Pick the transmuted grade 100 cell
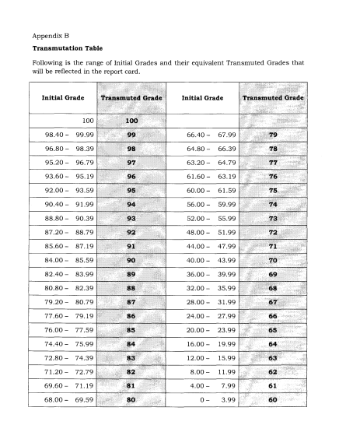pyautogui.click(x=131, y=121)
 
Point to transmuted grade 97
pyautogui.click(x=131, y=163)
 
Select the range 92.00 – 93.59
pyautogui.click(x=69, y=190)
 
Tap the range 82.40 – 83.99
pyautogui.click(x=69, y=275)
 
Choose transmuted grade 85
pyautogui.click(x=131, y=331)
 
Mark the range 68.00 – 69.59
pyautogui.click(x=69, y=401)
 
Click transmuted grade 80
pyautogui.click(x=131, y=401)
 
